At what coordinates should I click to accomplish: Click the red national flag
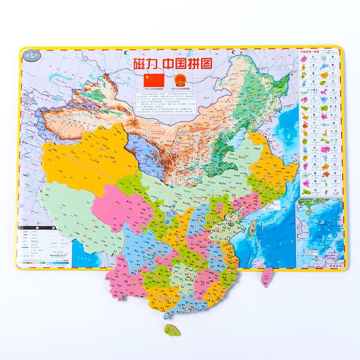pyautogui.click(x=153, y=81)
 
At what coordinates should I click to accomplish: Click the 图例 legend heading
pyautogui.click(x=43, y=229)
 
